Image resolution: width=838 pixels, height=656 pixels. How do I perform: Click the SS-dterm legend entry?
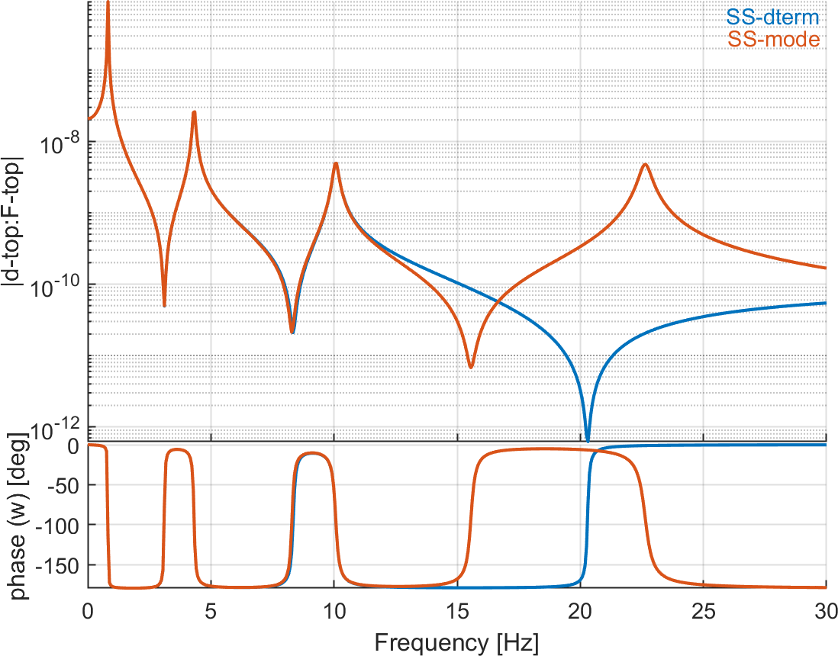click(x=773, y=16)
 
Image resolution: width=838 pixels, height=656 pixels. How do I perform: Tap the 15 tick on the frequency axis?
click(x=456, y=610)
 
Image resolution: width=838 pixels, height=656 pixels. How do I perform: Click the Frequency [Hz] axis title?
click(x=456, y=642)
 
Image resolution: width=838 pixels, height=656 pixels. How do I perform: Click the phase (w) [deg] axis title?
click(x=16, y=516)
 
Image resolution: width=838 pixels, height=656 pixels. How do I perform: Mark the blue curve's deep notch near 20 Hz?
click(x=588, y=438)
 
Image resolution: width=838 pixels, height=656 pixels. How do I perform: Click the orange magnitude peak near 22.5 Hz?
click(x=646, y=164)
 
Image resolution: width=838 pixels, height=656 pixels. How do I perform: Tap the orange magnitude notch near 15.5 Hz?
click(x=471, y=367)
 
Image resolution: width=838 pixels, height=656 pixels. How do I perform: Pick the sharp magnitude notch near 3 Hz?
click(x=164, y=306)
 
